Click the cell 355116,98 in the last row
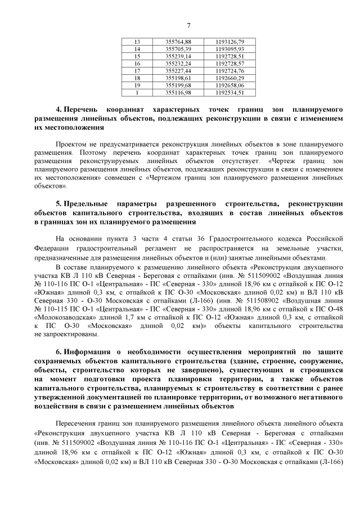point(178,92)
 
